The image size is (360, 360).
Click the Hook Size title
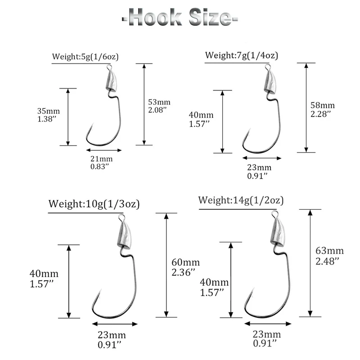tap(180, 18)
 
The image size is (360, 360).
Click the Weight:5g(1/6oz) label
tap(85, 57)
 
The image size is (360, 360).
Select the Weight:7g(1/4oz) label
tap(241, 55)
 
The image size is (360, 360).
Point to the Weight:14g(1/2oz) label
tap(241, 200)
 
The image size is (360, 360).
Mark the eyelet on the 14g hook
tap(274, 215)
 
